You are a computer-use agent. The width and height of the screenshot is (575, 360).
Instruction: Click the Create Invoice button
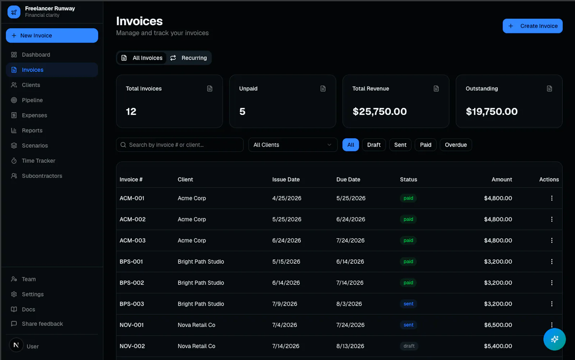532,26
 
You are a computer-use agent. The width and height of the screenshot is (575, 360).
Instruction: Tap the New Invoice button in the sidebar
52,36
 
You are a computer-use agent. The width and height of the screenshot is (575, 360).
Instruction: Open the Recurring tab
189,58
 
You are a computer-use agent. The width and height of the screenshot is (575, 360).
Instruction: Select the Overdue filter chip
456,145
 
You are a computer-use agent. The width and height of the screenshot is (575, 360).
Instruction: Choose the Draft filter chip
374,145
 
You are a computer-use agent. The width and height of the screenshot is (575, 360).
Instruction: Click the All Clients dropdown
293,145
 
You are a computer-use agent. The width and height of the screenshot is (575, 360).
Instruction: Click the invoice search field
180,145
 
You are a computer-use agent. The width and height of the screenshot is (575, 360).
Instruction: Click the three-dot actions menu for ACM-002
552,219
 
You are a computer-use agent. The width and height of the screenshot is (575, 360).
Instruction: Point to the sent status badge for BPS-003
408,304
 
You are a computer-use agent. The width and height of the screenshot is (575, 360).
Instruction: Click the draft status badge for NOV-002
409,346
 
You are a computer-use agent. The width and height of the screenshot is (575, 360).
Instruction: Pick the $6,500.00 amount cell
498,325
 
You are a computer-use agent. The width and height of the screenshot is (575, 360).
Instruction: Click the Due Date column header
348,179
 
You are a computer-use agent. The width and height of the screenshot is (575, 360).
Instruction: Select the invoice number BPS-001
131,262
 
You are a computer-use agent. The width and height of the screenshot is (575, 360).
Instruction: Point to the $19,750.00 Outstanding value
492,111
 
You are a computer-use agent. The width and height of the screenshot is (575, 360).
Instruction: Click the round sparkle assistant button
555,339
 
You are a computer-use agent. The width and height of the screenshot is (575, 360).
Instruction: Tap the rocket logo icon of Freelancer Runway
14,12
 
